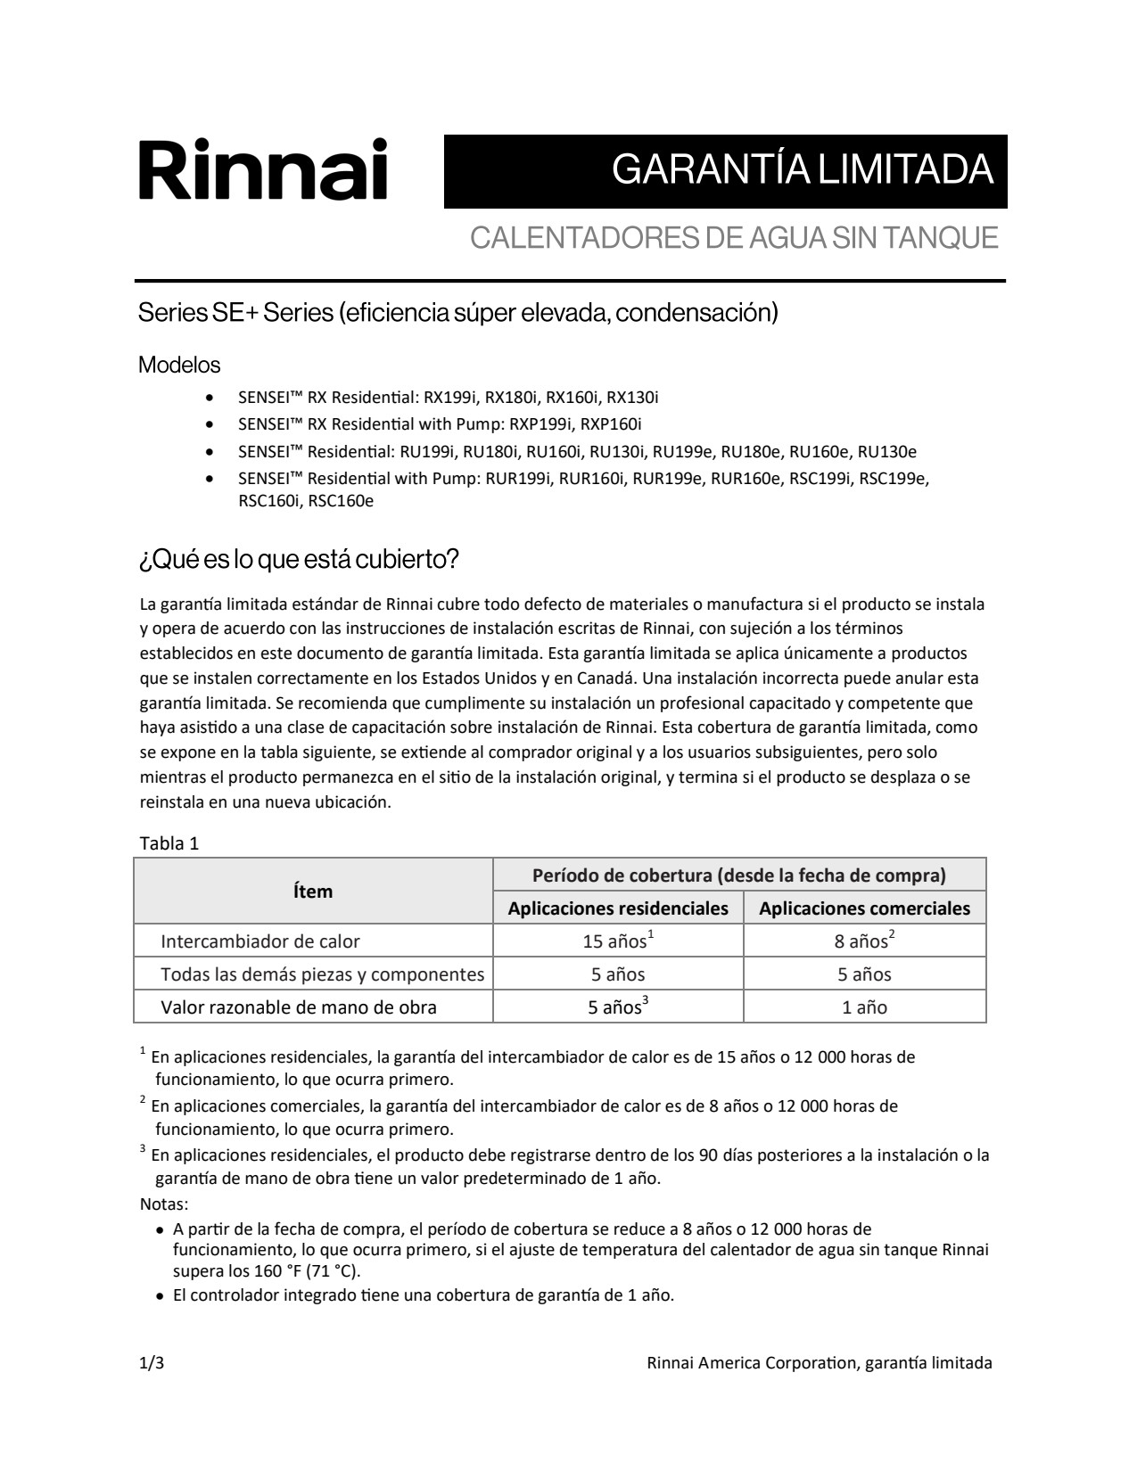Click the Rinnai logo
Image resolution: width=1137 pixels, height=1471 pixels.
click(263, 169)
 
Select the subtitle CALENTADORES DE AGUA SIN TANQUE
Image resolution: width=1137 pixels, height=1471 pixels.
click(733, 238)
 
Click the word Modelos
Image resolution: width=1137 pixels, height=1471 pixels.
click(179, 365)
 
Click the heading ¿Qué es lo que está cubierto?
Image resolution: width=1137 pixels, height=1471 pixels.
click(299, 560)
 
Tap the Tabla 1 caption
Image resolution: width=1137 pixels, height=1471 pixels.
click(169, 843)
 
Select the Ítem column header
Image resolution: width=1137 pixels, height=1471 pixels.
click(313, 892)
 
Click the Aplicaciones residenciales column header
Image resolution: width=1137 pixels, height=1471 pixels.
click(618, 908)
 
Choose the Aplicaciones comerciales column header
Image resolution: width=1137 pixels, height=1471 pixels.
click(864, 908)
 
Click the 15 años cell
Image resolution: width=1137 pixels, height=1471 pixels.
click(618, 941)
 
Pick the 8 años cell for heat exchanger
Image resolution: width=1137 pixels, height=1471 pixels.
click(864, 941)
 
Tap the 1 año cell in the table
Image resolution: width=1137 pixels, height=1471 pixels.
click(864, 1007)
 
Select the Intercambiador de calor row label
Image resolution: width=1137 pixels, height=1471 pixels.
click(260, 941)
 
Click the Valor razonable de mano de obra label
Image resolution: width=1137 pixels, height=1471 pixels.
click(299, 1007)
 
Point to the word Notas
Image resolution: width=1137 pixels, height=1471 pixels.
click(164, 1204)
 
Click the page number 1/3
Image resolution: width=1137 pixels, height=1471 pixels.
click(152, 1363)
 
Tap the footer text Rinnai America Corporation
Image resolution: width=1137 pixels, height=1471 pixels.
click(751, 1363)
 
